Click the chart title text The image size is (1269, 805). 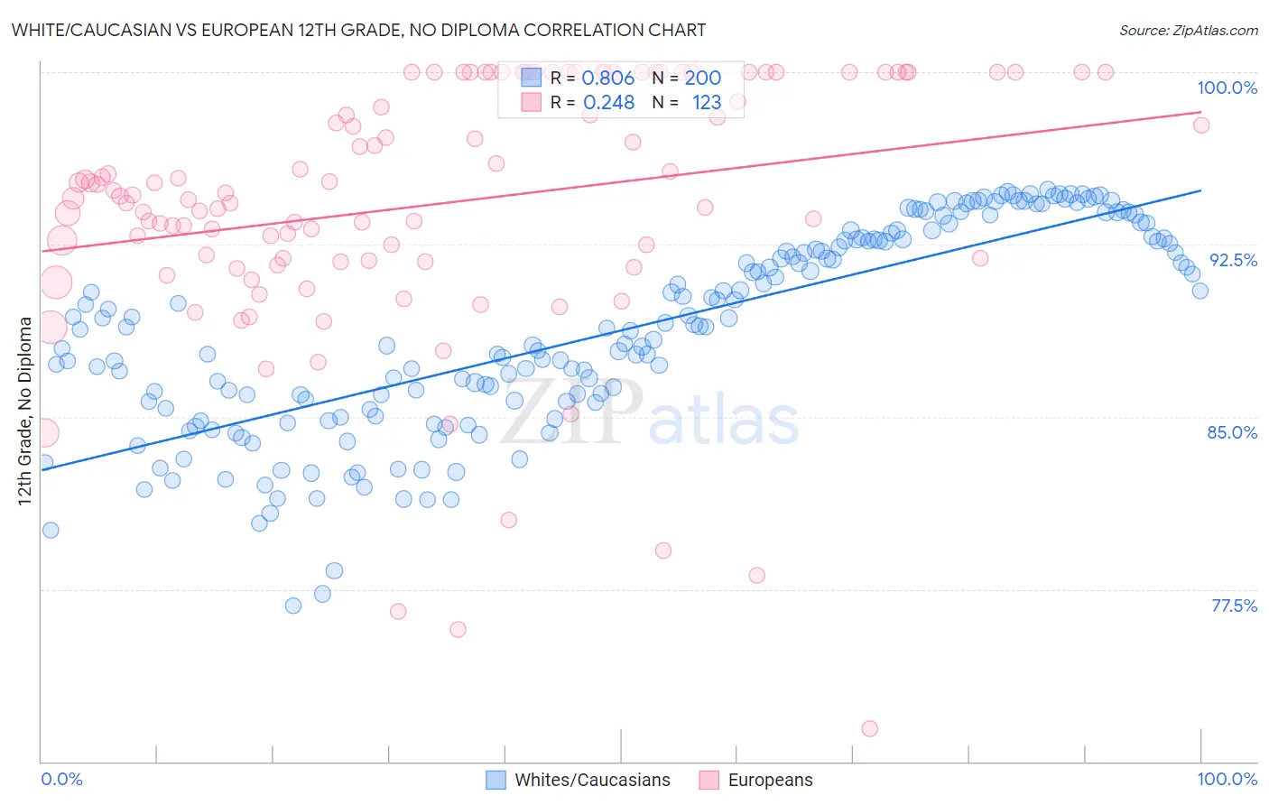pyautogui.click(x=358, y=30)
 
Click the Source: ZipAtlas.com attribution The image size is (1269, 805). pyautogui.click(x=1188, y=31)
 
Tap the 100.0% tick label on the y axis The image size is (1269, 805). pyautogui.click(x=1227, y=88)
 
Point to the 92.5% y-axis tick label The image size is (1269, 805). pyautogui.click(x=1233, y=260)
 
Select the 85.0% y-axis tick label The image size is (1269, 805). pyautogui.click(x=1232, y=432)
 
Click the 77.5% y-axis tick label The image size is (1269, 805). pyautogui.click(x=1234, y=606)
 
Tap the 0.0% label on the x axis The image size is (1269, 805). pyautogui.click(x=61, y=779)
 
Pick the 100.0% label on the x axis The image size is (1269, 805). pyautogui.click(x=1227, y=779)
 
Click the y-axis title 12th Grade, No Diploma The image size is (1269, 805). pyautogui.click(x=25, y=411)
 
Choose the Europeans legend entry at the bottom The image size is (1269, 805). pyautogui.click(x=770, y=780)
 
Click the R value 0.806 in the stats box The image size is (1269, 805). pyautogui.click(x=607, y=79)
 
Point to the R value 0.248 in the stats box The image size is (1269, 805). pyautogui.click(x=608, y=103)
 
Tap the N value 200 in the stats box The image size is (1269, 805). pyautogui.click(x=702, y=79)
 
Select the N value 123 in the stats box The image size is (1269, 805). pyautogui.click(x=707, y=103)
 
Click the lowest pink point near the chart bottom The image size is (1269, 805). pyautogui.click(x=869, y=728)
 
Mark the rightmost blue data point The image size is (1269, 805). pyautogui.click(x=1200, y=291)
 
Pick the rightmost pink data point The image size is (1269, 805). pyautogui.click(x=1200, y=125)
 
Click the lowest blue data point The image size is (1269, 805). pyautogui.click(x=293, y=606)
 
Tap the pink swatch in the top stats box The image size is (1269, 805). pyautogui.click(x=532, y=102)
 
